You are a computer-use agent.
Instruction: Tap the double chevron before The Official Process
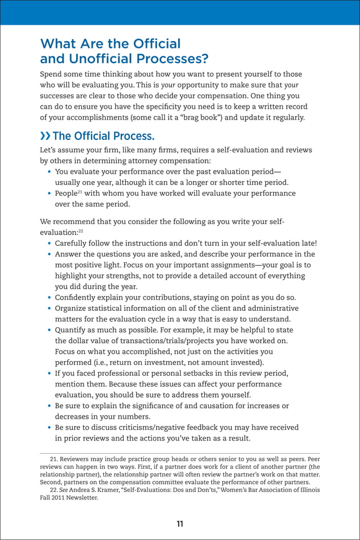point(45,137)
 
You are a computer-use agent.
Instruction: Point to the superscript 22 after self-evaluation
point(80,231)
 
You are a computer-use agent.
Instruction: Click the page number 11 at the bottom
point(179,524)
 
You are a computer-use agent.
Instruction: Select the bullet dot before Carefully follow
point(50,244)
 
